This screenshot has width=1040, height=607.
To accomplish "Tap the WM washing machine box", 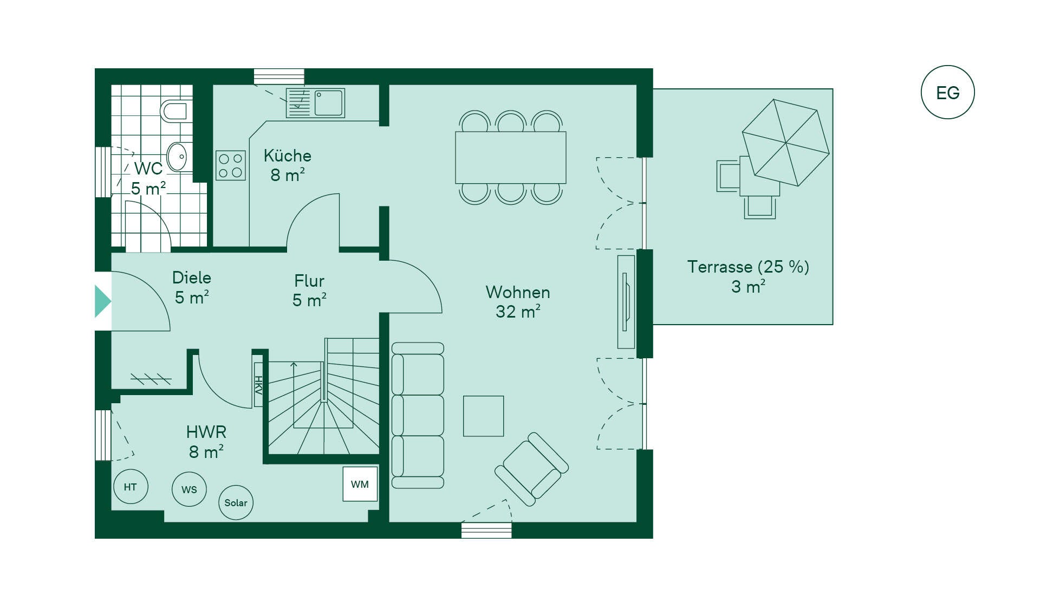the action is coord(360,484).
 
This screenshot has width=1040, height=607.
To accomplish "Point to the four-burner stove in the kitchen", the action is coord(231,165).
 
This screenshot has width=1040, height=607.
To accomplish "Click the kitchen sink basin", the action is coord(329,103).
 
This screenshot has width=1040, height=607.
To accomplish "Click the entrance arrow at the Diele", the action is coord(103,301).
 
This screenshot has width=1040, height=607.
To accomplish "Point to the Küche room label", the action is coord(288,156).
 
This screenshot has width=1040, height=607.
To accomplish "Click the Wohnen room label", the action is coord(518,292).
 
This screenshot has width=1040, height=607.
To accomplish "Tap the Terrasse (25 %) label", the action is coord(748,267).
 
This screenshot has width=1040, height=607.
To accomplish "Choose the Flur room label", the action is coord(309,281).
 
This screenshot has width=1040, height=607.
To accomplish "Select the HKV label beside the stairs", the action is coord(258,385).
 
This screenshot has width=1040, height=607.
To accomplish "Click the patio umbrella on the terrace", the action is coord(785,143).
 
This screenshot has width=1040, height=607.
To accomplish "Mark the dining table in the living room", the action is coord(511,158).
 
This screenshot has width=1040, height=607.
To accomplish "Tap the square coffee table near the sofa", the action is coord(484,416).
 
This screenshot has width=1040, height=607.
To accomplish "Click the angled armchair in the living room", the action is coord(531,469).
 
